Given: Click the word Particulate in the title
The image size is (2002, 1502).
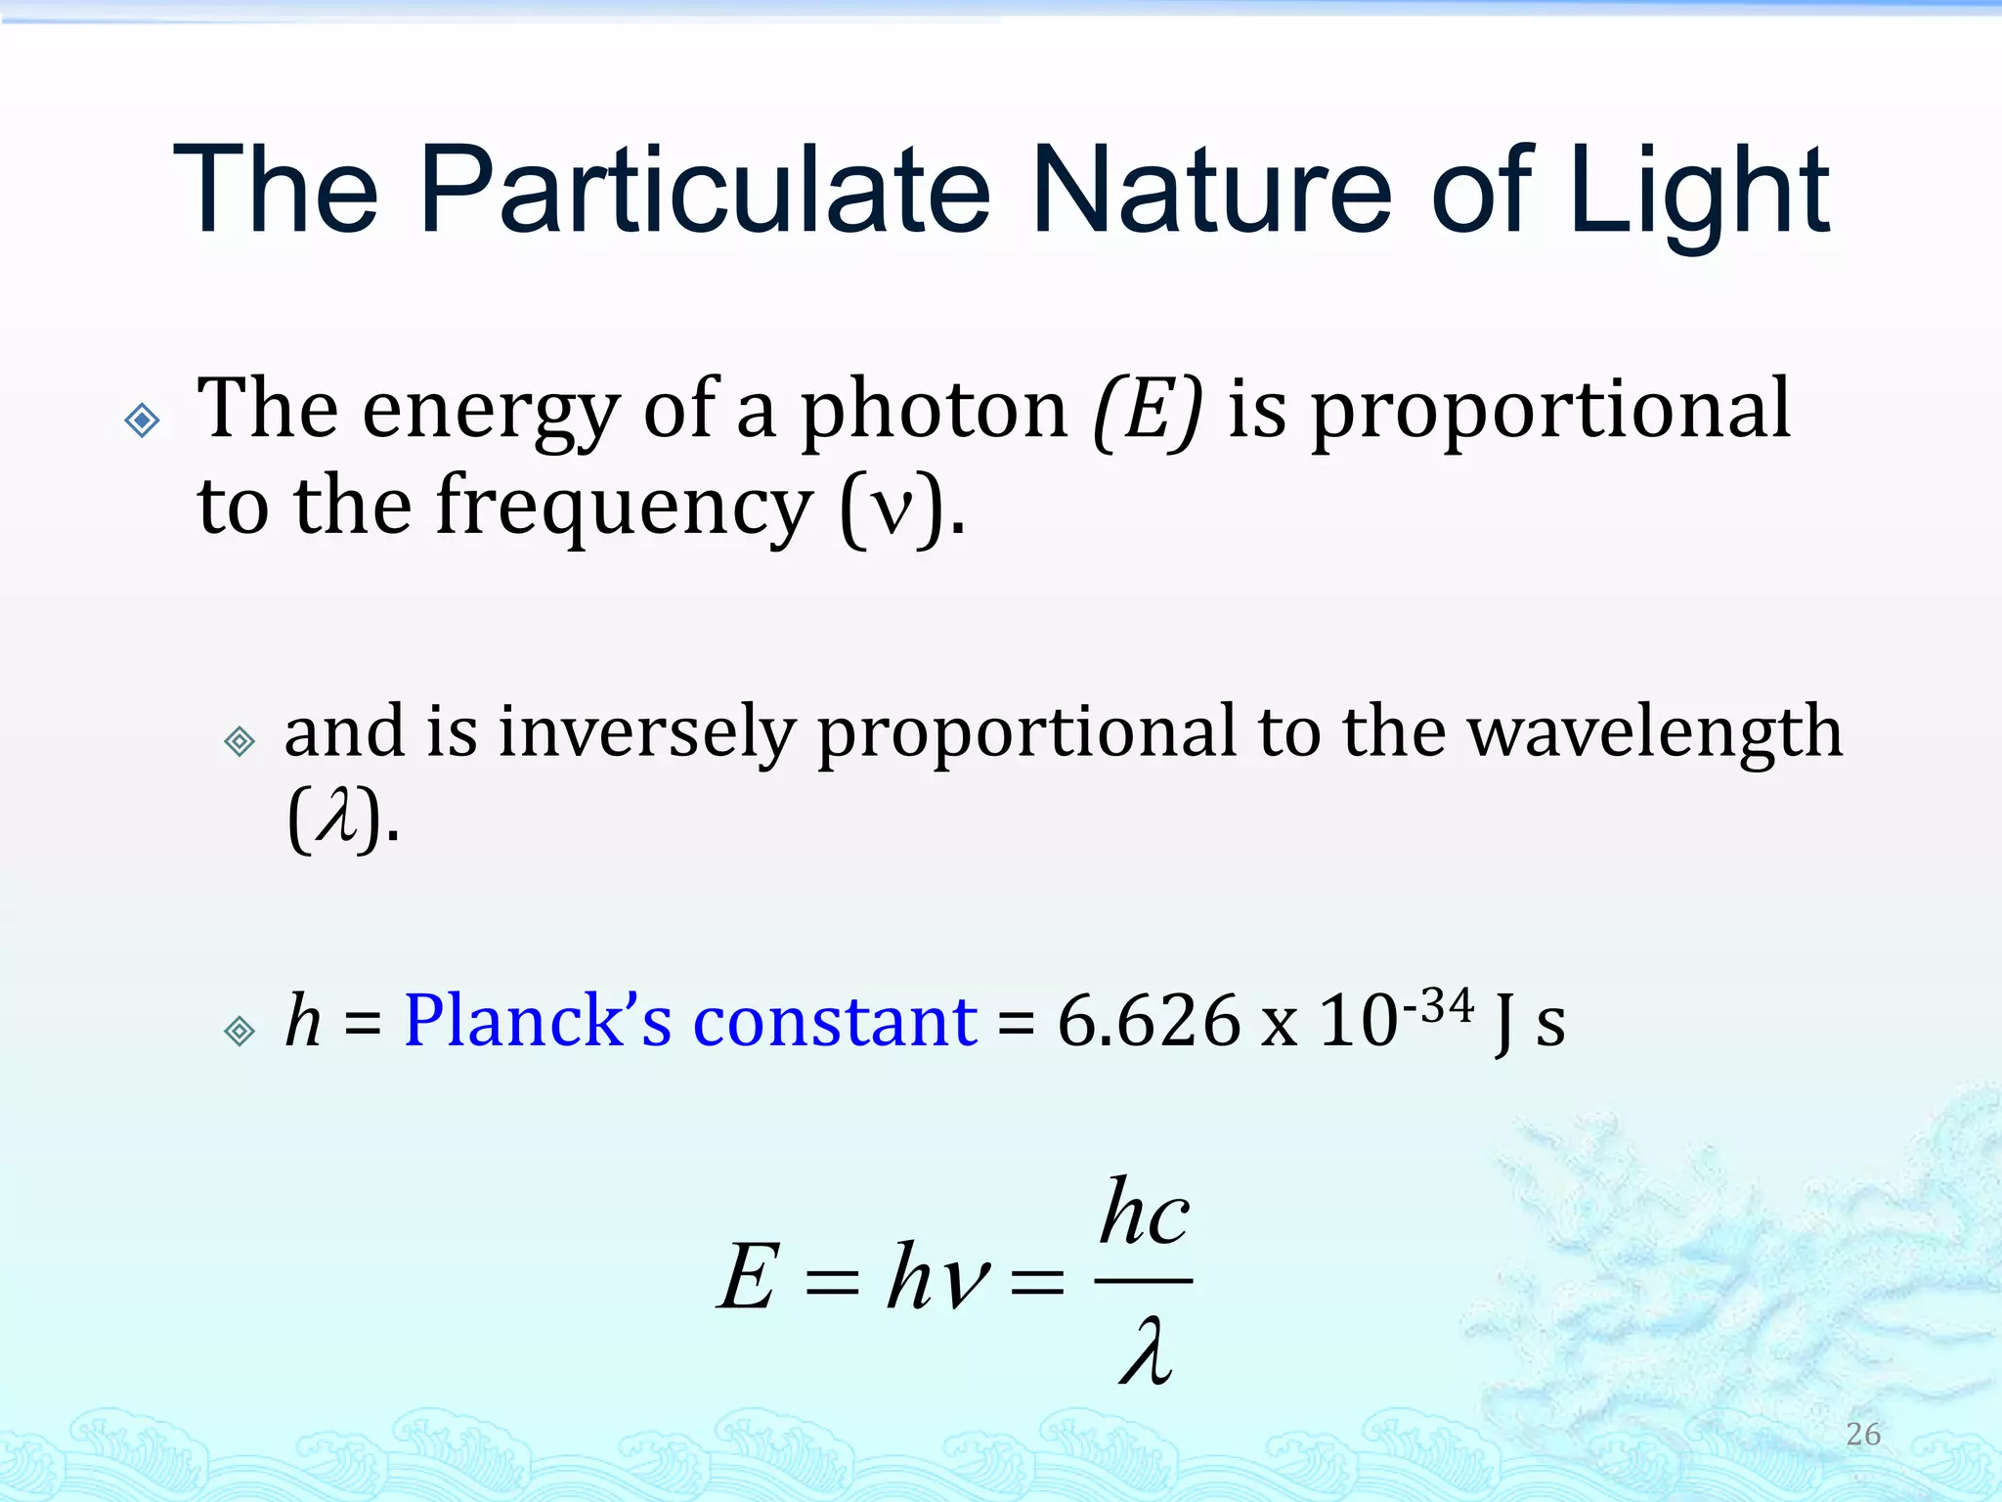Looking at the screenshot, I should pos(705,190).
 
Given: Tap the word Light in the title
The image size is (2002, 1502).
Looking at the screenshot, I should pos(1700,190).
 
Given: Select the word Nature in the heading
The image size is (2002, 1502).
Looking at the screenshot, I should pos(1210,190).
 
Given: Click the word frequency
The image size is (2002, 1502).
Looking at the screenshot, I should pos(623,507).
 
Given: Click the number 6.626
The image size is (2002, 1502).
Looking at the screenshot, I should pos(1149,1022).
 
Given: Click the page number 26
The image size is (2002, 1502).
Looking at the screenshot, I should pos(1863,1434).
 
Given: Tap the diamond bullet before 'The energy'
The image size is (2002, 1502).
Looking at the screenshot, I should pos(143,420).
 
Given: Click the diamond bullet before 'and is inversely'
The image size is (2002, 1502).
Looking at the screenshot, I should pos(239,741).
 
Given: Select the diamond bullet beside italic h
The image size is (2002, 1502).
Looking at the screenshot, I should pos(239,1031).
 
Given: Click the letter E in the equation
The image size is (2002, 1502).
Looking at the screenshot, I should pos(749,1276).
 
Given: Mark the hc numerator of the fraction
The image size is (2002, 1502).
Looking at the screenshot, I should pos(1144,1213).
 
